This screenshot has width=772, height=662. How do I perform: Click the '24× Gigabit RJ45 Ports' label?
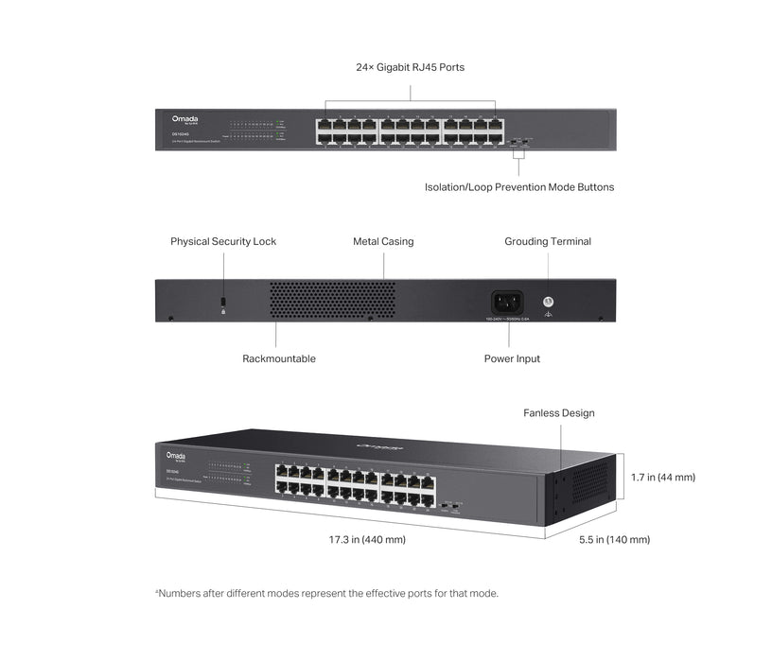(x=410, y=67)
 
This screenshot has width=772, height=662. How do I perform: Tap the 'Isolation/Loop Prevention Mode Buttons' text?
(x=518, y=187)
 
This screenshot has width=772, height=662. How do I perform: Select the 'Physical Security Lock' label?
(x=223, y=242)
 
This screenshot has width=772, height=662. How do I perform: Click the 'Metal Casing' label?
(x=383, y=242)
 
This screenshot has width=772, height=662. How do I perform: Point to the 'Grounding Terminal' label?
(x=547, y=242)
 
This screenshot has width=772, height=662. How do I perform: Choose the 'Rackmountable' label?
(x=278, y=359)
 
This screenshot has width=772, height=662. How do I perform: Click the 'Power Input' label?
(x=512, y=359)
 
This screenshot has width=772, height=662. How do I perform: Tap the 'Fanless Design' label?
(x=558, y=413)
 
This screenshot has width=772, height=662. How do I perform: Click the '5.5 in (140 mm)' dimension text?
(x=614, y=540)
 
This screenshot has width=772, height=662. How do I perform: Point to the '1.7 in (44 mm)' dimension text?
(x=662, y=478)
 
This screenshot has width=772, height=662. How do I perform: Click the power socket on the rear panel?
(x=506, y=303)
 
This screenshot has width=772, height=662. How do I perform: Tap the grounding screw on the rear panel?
(x=547, y=302)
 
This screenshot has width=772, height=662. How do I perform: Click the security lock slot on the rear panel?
(x=223, y=302)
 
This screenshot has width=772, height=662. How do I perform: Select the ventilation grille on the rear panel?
(x=332, y=300)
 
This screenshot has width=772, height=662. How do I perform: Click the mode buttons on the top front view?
(x=516, y=142)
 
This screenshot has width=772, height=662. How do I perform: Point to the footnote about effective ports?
(x=326, y=594)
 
